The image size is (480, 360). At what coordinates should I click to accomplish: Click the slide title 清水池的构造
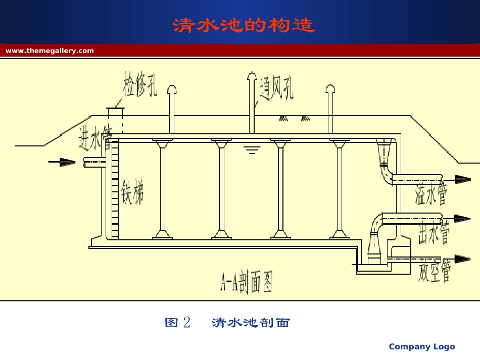point(244,25)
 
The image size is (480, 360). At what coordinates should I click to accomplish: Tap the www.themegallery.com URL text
point(50,50)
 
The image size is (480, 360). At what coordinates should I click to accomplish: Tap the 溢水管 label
point(430,194)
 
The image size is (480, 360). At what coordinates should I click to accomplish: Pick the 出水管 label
point(434,233)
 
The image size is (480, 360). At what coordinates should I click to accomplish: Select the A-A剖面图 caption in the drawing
point(246,284)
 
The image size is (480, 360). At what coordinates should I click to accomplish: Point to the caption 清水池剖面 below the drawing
point(251,323)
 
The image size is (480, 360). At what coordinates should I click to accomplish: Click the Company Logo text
point(421,346)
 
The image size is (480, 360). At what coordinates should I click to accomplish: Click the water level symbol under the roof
point(252,149)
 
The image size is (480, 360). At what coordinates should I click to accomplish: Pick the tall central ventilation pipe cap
point(252,76)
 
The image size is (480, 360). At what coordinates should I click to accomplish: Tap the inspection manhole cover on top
point(115,109)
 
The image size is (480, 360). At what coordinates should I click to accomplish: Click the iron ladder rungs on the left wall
point(115,189)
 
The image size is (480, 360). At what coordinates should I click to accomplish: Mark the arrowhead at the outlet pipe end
point(462,219)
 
